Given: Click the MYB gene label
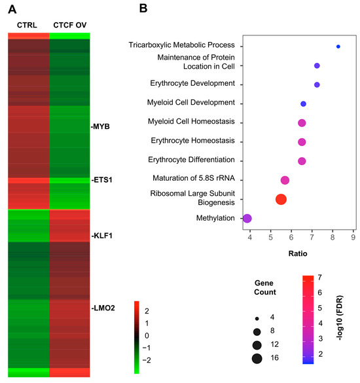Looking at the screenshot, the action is tap(100, 126).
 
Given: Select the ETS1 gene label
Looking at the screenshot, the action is tap(102, 180).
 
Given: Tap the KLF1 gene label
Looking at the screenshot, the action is tap(102, 236).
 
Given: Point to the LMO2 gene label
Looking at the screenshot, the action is tap(103, 308).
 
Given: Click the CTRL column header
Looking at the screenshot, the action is tap(27, 25).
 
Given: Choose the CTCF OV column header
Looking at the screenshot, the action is tap(70, 25).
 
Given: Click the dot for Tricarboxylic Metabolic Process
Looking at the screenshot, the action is tap(338, 46).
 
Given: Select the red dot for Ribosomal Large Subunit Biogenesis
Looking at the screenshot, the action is tap(281, 199).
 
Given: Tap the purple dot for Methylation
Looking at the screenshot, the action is tap(247, 219).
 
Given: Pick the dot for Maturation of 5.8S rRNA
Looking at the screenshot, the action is tap(285, 180).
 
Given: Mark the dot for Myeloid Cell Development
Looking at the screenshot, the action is tap(303, 104).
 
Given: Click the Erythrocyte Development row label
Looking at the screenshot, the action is tap(192, 83).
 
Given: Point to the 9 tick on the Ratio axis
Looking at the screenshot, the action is tap(353, 237).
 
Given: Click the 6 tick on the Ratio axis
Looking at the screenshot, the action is tap(291, 237).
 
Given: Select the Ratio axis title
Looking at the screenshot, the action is tap(298, 253).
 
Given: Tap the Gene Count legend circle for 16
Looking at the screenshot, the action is tap(257, 359).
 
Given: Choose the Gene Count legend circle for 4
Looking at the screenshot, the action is tap(257, 319).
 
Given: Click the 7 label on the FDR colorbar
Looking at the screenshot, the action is tap(319, 278).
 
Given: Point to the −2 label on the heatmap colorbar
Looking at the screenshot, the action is tap(147, 360).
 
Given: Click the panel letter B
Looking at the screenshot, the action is tap(143, 9).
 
